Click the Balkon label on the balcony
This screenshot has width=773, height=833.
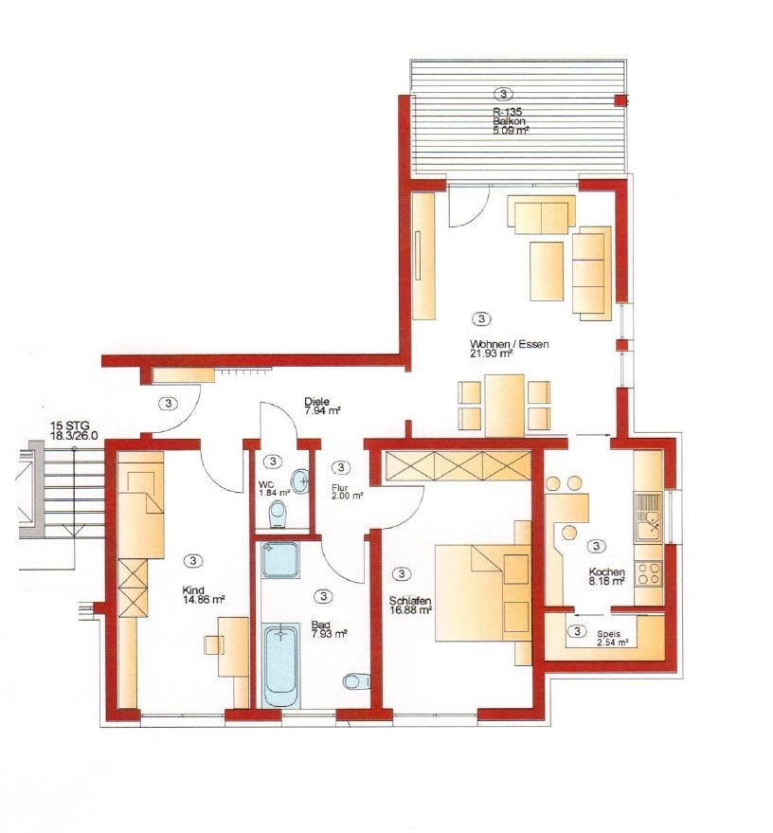tap(509, 121)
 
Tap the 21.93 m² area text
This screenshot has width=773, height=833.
tap(491, 353)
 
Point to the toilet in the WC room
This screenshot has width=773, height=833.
tap(278, 515)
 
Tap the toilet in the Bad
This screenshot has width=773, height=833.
tap(356, 680)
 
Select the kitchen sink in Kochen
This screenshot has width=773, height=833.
tap(648, 517)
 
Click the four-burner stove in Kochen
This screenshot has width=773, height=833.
tap(649, 573)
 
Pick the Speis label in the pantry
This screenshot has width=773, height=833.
tap(608, 634)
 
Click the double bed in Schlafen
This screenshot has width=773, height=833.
tap(482, 592)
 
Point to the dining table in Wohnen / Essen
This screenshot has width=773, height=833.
tap(504, 406)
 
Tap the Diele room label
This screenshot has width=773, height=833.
tap(317, 401)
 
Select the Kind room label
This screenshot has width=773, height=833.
tap(193, 590)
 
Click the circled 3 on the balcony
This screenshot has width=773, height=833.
tap(503, 95)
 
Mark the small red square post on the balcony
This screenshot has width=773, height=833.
tap(620, 100)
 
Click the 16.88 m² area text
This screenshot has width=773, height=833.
tap(410, 610)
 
